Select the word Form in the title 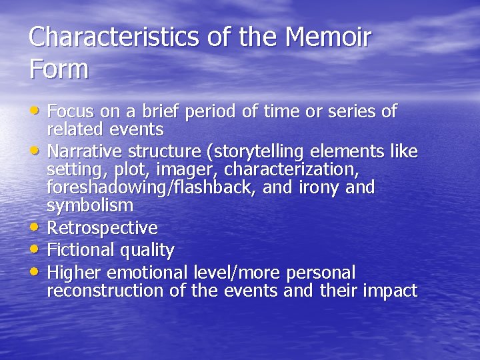(x=59, y=69)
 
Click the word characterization (x=292, y=170)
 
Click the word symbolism (x=90, y=206)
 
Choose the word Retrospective (x=103, y=228)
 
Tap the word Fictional (x=82, y=251)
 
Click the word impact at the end (x=390, y=291)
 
